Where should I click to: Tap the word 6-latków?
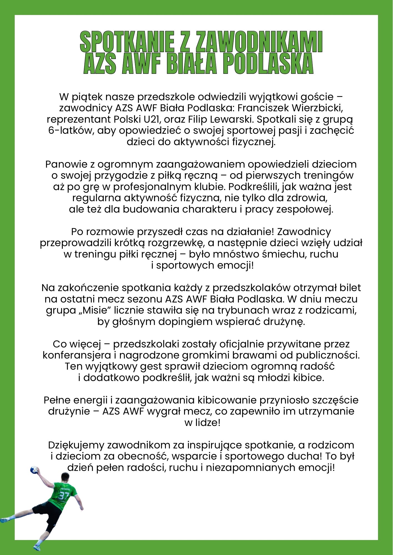[71, 130]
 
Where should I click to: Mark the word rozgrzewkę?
[176, 243]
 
